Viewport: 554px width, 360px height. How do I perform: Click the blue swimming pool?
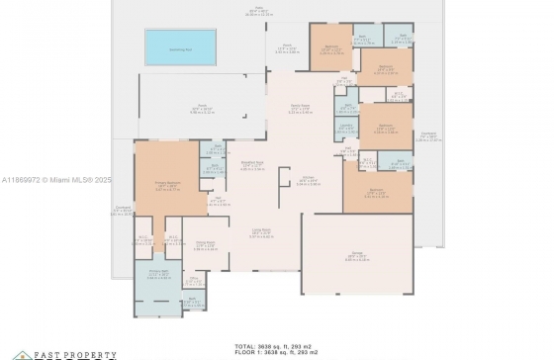[x=180, y=45]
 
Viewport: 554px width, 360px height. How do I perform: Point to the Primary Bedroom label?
[x=165, y=185]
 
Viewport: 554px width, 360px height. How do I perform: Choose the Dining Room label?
[x=205, y=245]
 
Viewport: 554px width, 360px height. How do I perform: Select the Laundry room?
[x=346, y=128]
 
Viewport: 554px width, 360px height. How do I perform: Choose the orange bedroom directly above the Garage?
[x=376, y=191]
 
